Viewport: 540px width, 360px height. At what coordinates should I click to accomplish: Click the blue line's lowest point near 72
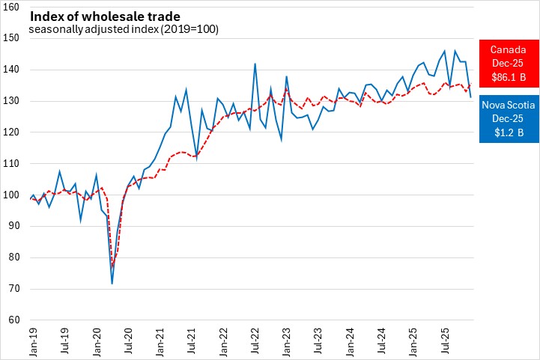pyautogui.click(x=112, y=283)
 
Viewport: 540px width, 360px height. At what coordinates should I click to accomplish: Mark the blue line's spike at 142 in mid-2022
pyautogui.click(x=255, y=64)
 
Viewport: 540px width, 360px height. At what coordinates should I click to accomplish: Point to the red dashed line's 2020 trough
pyautogui.click(x=112, y=266)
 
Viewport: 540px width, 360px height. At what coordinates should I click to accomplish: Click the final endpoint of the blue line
pyautogui.click(x=470, y=97)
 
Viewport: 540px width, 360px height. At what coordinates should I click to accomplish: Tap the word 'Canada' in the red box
pyautogui.click(x=508, y=49)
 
